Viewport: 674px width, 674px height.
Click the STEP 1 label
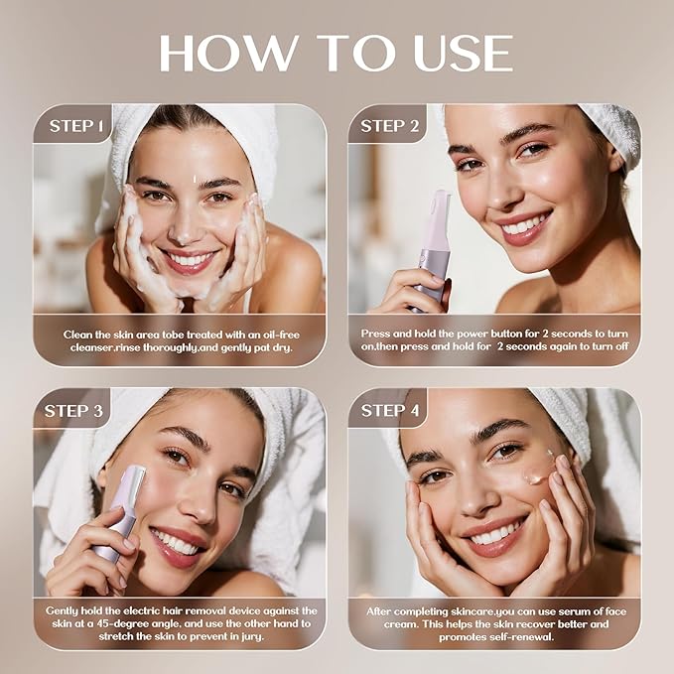(76, 126)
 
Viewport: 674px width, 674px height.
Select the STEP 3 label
(77, 410)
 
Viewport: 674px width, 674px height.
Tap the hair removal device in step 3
(123, 511)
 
